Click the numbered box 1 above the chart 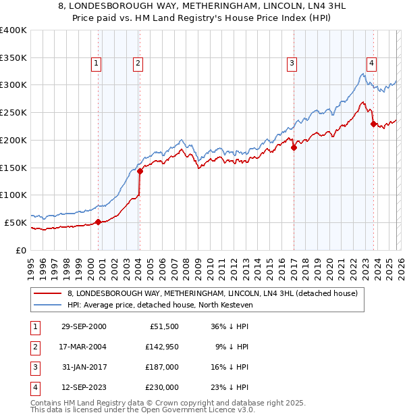pyautogui.click(x=97, y=64)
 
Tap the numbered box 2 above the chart pyautogui.click(x=137, y=64)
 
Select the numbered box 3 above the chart pyautogui.click(x=292, y=64)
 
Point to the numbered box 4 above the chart pyautogui.click(x=371, y=64)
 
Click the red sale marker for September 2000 pyautogui.click(x=98, y=222)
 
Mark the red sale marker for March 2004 pyautogui.click(x=140, y=171)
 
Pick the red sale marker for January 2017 pyautogui.click(x=294, y=147)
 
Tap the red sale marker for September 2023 pyautogui.click(x=373, y=124)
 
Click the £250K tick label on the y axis pyautogui.click(x=13, y=112)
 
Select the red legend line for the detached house pyautogui.click(x=47, y=293)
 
